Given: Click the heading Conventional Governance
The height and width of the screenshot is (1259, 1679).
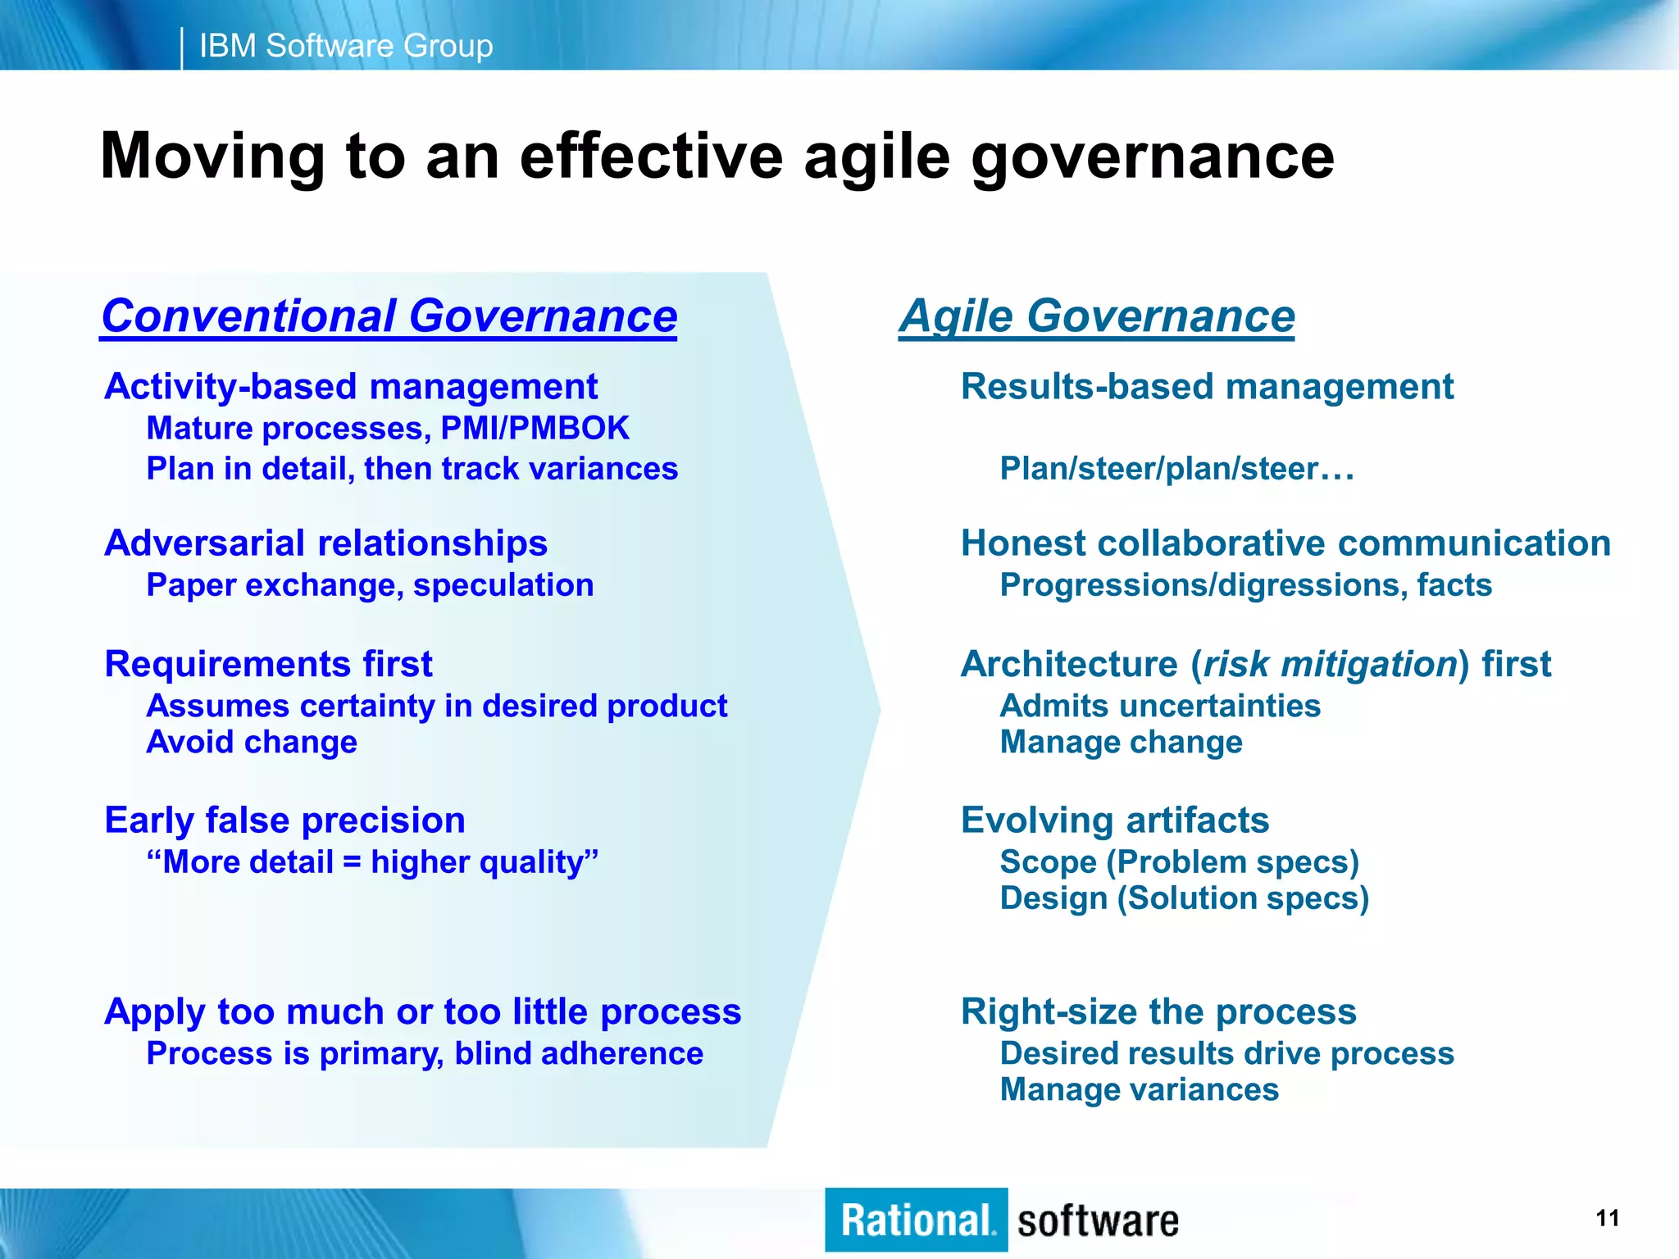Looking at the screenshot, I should click(x=389, y=316).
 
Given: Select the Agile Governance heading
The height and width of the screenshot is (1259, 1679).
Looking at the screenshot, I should click(x=1096, y=316).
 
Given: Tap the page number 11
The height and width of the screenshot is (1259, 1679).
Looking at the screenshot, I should click(x=1608, y=1218).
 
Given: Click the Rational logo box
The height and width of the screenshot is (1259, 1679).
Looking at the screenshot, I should click(x=916, y=1220).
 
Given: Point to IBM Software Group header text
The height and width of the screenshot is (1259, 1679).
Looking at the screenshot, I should click(x=345, y=46).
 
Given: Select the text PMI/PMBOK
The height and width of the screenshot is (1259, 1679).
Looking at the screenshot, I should click(x=535, y=429).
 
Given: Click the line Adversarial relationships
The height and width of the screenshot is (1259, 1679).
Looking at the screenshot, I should click(x=325, y=543).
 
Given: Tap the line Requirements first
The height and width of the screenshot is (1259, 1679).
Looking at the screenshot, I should click(x=268, y=664).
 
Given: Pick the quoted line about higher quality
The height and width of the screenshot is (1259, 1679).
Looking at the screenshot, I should click(x=372, y=862).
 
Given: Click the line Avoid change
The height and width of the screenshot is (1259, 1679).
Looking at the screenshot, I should click(x=252, y=742).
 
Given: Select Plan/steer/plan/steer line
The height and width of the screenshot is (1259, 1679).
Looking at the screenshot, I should click(x=1176, y=469).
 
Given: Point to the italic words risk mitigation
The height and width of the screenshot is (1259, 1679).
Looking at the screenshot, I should click(x=1329, y=664).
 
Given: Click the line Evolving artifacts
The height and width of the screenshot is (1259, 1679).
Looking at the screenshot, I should click(x=1114, y=820).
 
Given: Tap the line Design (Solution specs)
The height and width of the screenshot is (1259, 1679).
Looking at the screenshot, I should click(x=1184, y=898).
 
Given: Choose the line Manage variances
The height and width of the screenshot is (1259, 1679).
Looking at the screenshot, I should click(x=1139, y=1090).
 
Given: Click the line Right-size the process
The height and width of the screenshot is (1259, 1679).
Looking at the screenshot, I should click(x=1158, y=1012).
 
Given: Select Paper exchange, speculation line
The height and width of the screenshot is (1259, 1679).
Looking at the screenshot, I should click(x=370, y=585).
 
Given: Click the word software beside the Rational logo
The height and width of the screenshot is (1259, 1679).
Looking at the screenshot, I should click(x=1098, y=1221).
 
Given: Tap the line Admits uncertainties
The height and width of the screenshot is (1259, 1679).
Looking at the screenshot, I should click(x=1159, y=706).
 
